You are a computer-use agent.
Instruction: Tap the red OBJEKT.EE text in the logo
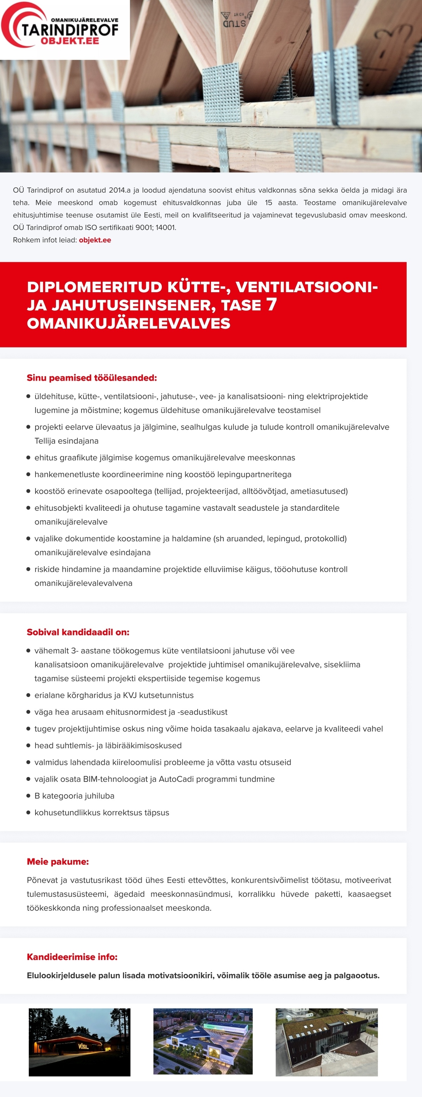coord(70,41)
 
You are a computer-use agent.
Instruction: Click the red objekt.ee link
coord(95,240)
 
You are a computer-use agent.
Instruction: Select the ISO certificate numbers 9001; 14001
coord(155,227)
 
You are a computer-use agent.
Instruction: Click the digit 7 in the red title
coord(271,305)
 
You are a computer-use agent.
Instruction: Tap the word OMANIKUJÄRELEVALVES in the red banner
coord(128,323)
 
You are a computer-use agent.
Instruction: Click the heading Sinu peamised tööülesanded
coord(92,378)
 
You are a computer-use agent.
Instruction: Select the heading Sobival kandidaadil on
coord(78,632)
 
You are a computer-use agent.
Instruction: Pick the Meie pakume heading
coord(58,862)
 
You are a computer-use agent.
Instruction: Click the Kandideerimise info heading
coord(72,957)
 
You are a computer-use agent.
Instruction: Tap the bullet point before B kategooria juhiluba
coord(28,796)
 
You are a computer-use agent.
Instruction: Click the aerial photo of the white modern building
coord(203,1041)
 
